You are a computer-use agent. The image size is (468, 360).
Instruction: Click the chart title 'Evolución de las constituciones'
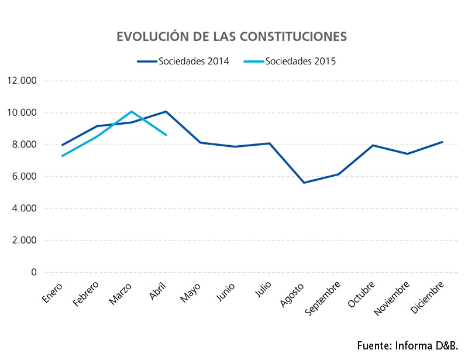point(232,36)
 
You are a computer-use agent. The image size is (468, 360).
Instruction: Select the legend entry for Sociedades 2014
point(183,61)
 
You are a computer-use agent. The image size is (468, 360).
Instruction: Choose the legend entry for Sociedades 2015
point(290,61)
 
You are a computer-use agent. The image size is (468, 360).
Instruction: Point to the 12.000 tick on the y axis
point(22,81)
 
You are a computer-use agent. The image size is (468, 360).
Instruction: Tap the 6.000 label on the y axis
point(24,176)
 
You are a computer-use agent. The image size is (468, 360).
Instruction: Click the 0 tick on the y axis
point(34,272)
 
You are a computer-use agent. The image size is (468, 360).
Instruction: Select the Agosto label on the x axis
point(292,294)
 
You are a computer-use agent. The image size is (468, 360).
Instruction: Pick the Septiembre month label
point(322,298)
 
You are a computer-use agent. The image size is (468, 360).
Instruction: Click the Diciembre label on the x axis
point(428,297)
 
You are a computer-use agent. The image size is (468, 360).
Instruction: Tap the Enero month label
point(52,293)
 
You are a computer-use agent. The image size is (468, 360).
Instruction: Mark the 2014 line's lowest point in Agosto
point(304,183)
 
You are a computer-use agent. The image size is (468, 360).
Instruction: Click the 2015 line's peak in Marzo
point(131,111)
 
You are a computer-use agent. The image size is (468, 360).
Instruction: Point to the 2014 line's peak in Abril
point(166,111)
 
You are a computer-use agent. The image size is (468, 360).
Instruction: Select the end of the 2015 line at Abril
point(166,135)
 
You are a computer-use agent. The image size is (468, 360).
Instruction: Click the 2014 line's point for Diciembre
point(442,142)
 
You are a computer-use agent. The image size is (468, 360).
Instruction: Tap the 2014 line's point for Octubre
point(373,145)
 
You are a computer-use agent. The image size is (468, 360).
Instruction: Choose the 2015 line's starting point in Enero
point(63,156)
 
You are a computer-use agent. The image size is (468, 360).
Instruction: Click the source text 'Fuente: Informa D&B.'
point(407,346)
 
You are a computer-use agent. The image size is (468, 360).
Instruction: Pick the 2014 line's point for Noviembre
point(407,154)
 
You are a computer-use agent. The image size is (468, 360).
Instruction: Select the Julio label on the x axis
point(263,289)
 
